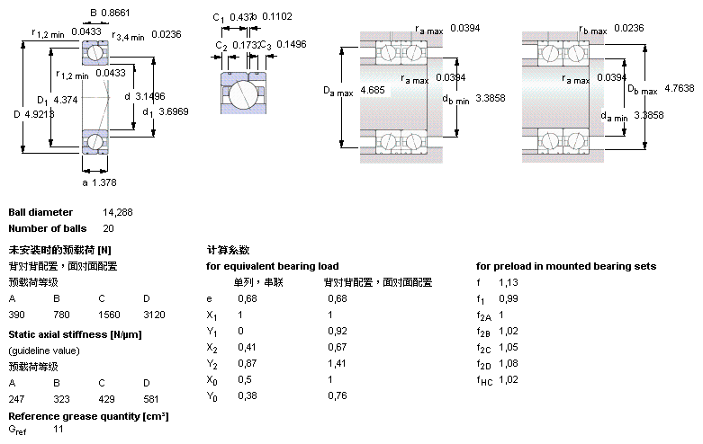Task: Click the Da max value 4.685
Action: pyautogui.click(x=373, y=91)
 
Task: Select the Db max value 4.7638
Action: pyautogui.click(x=679, y=88)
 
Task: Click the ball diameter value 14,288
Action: pyautogui.click(x=118, y=213)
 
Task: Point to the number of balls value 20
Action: pyautogui.click(x=108, y=228)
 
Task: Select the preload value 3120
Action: pyautogui.click(x=154, y=315)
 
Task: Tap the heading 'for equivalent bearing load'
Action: pyautogui.click(x=272, y=266)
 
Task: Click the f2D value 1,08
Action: pyautogui.click(x=510, y=363)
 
